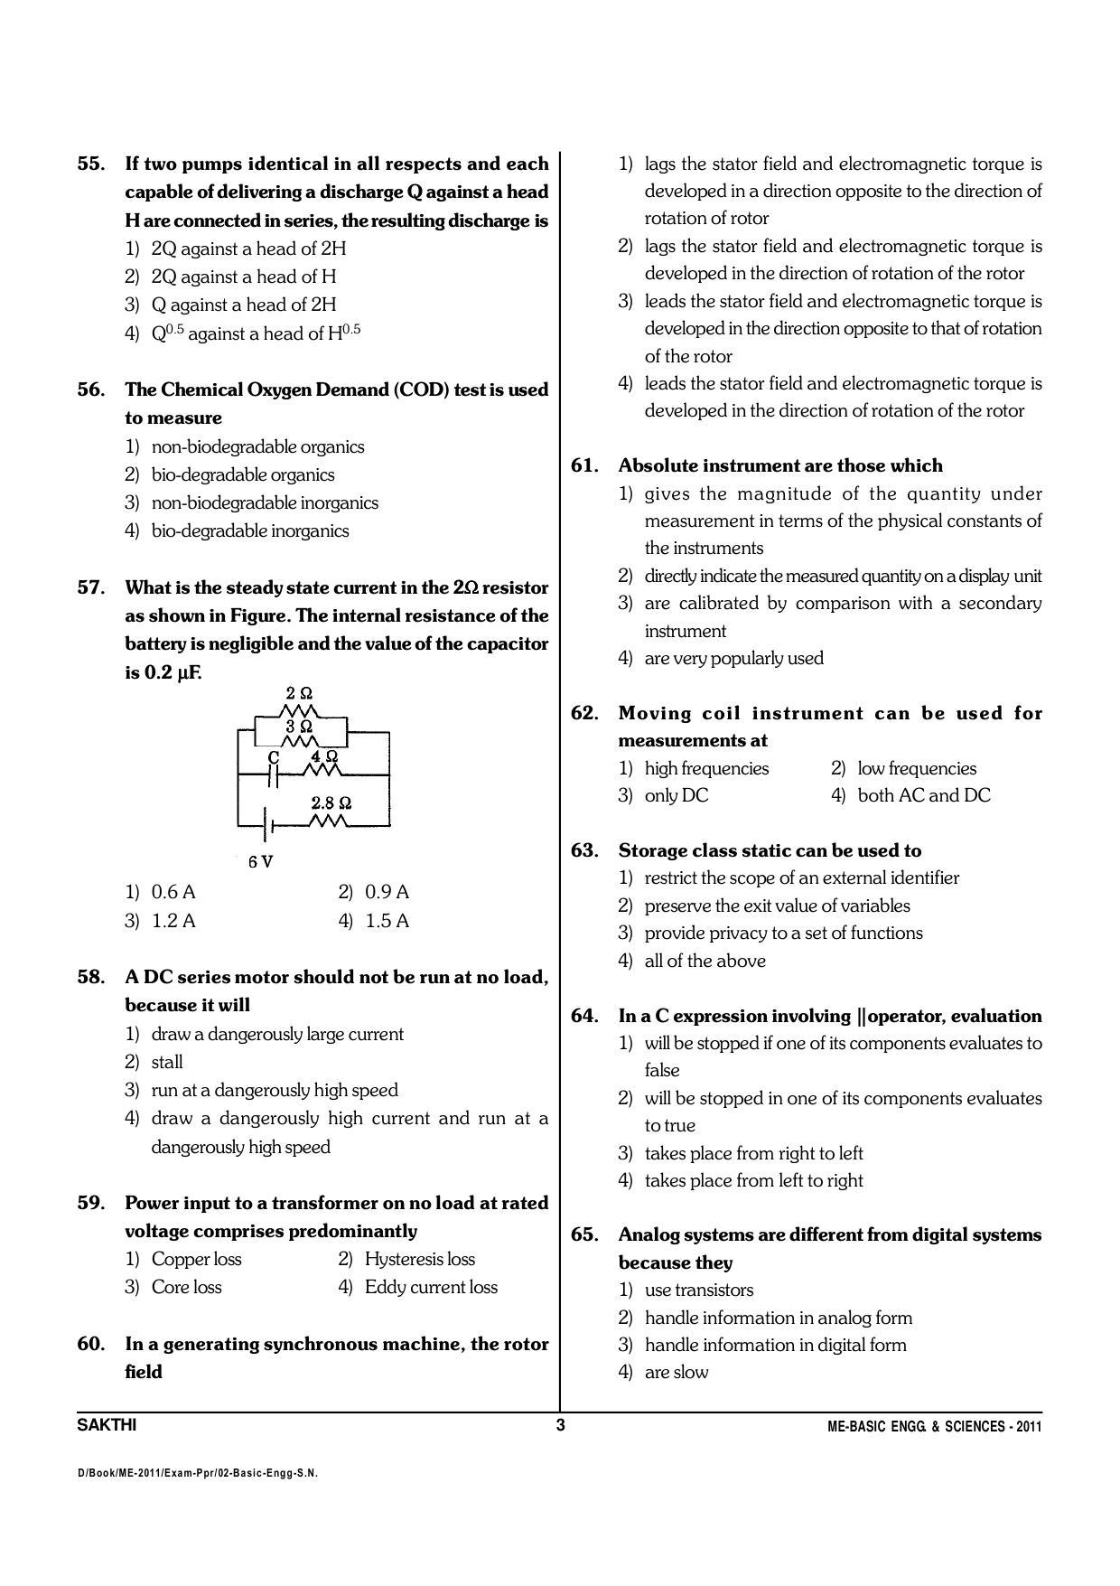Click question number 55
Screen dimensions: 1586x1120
[91, 164]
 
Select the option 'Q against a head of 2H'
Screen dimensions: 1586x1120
[243, 305]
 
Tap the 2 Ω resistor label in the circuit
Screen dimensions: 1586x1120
[299, 694]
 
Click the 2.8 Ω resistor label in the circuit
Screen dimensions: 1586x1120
[331, 802]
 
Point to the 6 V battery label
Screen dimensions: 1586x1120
[260, 862]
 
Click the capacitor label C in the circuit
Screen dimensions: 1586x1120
[274, 756]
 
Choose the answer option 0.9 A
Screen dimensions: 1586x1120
[386, 892]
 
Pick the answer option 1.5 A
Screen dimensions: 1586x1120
[386, 921]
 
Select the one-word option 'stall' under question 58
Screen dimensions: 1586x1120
[166, 1062]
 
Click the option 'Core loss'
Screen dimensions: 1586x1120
[186, 1287]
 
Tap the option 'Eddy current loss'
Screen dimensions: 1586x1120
[430, 1287]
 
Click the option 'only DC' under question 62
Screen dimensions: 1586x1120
[676, 795]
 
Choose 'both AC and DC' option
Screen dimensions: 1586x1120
[923, 795]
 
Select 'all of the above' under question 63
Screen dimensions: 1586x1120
[705, 961]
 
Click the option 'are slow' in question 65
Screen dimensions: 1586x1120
[676, 1372]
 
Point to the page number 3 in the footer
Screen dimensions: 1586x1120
[560, 1426]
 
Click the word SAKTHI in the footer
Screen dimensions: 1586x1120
[107, 1426]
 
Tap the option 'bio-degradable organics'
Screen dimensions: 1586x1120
[242, 474]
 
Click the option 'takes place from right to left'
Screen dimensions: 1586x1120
[753, 1153]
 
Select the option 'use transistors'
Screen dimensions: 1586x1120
[698, 1290]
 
